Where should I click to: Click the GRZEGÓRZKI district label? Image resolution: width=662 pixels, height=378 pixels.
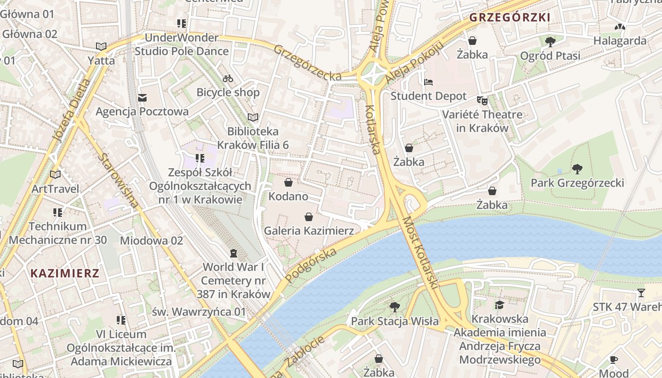(510, 18)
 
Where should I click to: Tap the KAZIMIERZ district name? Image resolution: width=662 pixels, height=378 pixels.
(65, 273)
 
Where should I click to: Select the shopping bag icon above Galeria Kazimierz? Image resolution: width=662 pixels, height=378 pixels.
(309, 217)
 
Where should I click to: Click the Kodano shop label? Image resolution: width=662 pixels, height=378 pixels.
(288, 196)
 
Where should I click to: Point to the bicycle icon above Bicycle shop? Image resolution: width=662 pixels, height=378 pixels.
(228, 78)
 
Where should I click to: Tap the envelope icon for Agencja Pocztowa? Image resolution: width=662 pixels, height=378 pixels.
(142, 98)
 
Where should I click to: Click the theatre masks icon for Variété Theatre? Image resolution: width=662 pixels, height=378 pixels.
(482, 100)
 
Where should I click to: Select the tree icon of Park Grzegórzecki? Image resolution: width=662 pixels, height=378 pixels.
(577, 169)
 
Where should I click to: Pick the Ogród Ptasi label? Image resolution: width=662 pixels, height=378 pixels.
(550, 56)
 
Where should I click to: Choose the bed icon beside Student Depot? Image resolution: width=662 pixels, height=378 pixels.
(428, 82)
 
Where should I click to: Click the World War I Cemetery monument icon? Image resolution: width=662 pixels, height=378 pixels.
(233, 254)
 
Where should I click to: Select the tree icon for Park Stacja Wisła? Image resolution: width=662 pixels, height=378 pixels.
(394, 307)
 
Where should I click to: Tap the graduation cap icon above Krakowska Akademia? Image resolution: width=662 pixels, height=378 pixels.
(499, 305)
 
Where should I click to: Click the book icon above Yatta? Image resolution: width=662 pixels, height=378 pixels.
(101, 46)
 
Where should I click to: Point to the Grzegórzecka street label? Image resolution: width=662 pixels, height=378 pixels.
(307, 63)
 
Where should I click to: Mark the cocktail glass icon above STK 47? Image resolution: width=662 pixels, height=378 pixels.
(641, 293)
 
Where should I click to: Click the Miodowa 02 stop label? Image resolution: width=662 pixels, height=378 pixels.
(151, 241)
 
